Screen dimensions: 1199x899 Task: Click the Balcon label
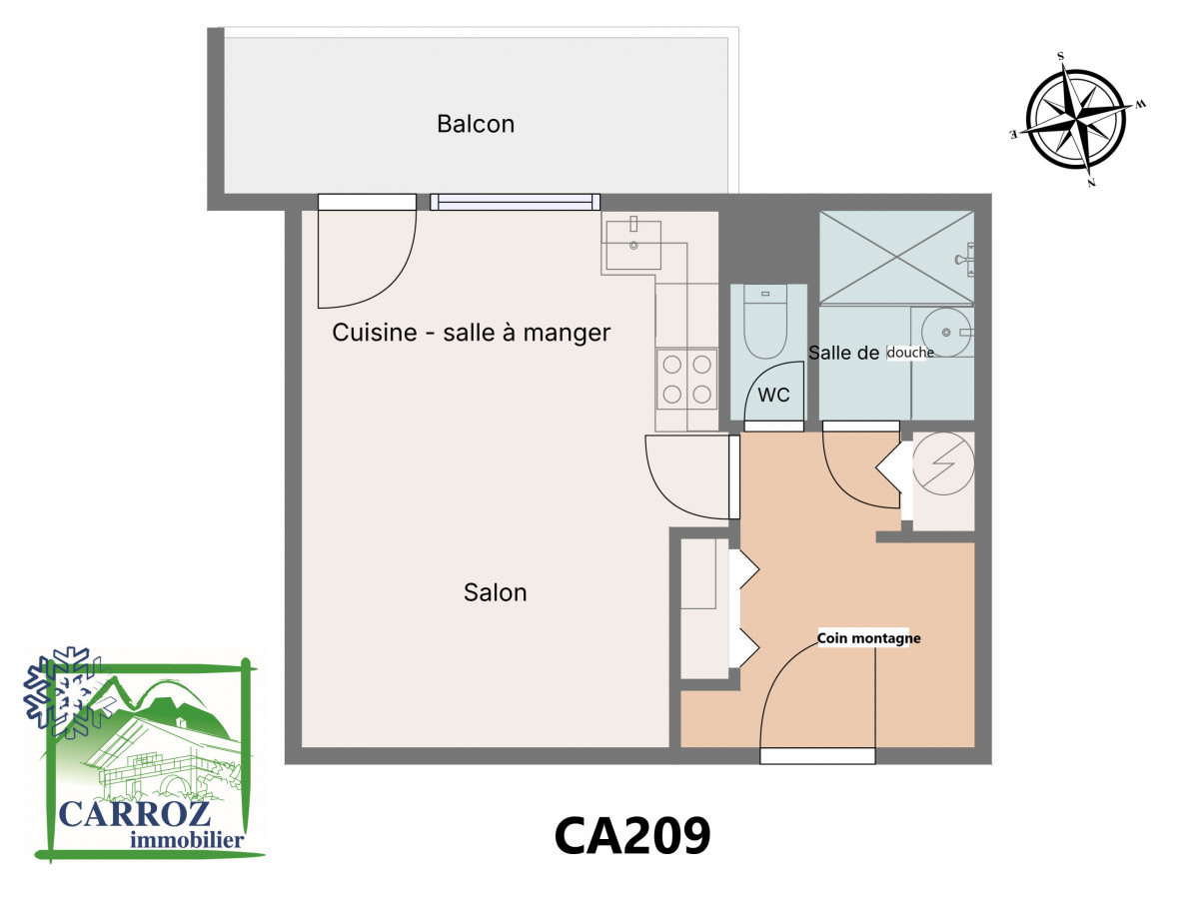click(476, 124)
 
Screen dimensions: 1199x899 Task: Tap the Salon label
click(495, 592)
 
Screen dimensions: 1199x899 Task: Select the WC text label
click(773, 395)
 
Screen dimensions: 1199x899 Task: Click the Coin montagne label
click(868, 638)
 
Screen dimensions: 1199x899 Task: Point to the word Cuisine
click(374, 333)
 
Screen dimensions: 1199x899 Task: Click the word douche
click(910, 353)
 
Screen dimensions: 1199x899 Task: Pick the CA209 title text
click(632, 836)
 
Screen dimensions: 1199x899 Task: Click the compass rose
click(1075, 119)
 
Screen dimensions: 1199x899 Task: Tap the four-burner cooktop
click(686, 380)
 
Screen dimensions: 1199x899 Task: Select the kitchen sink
click(633, 245)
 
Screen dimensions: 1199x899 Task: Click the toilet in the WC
click(764, 322)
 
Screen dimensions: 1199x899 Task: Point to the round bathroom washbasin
click(946, 332)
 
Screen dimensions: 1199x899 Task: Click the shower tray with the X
click(896, 257)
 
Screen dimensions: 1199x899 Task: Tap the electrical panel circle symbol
click(943, 464)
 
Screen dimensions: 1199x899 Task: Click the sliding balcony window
click(516, 202)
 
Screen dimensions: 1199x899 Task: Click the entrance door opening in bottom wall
click(817, 756)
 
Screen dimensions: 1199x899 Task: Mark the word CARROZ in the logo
click(134, 814)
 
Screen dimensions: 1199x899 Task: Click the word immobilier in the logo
click(187, 839)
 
